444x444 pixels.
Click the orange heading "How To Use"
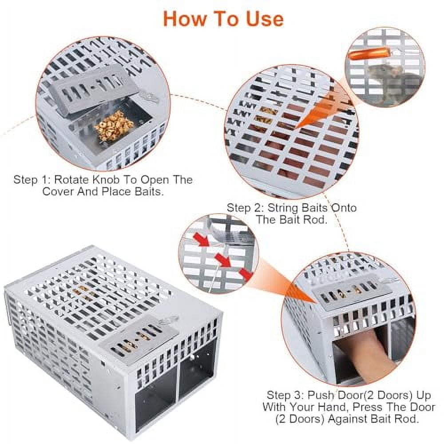(x=223, y=18)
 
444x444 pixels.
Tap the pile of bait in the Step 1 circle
(x=114, y=126)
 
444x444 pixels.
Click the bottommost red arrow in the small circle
(x=245, y=274)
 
